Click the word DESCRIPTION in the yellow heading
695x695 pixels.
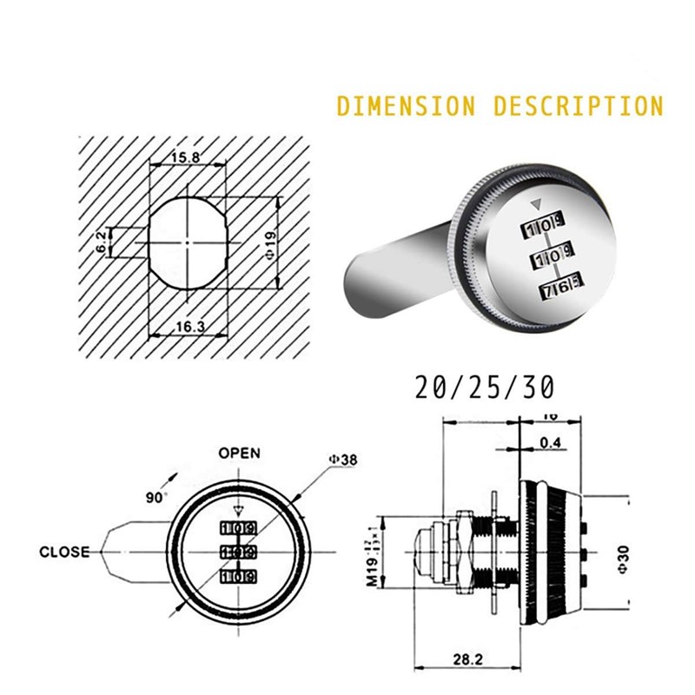tap(578, 106)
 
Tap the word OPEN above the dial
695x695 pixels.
tap(239, 453)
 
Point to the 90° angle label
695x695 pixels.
tap(156, 498)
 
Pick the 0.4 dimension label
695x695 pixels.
tap(549, 442)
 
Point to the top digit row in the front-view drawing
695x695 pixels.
tap(237, 528)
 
